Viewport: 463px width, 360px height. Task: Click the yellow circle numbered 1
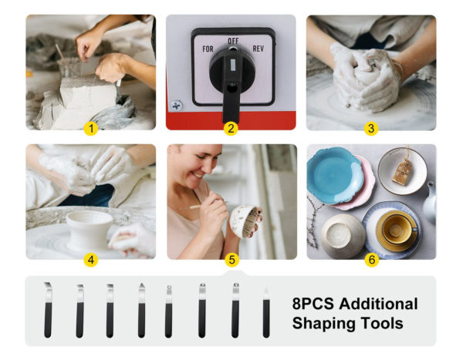91,129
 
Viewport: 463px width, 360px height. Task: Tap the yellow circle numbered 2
231,129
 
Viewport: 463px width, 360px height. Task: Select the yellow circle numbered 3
371,129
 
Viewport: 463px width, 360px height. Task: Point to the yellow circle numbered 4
91,260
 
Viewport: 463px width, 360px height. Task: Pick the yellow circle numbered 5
231,260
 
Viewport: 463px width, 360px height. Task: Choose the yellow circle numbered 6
372,260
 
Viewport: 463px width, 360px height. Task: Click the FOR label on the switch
208,49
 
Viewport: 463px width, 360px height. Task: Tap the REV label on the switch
258,49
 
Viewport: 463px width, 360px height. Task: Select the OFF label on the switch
233,41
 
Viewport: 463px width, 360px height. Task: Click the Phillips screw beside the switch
177,106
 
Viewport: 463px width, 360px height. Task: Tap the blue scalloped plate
334,175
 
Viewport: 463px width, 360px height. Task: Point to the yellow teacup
396,230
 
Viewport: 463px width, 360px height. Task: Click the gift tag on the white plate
402,172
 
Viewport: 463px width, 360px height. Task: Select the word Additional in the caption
379,304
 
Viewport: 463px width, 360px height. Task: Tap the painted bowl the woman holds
244,221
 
